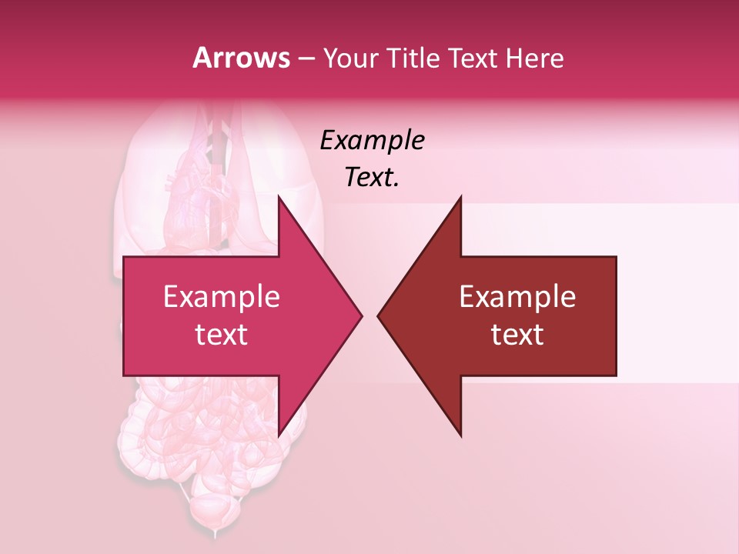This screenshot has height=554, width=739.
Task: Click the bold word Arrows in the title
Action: pos(241,58)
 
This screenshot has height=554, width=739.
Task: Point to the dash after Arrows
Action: pos(306,58)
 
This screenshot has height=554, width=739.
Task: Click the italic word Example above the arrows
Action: pos(372,140)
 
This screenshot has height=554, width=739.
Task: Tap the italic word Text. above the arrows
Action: pos(372,177)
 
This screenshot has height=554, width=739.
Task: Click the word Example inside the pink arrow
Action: pos(221,296)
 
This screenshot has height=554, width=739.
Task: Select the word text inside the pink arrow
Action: pos(221,334)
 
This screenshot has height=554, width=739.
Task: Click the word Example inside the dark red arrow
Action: pos(517,296)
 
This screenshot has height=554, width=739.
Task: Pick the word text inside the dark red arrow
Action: pos(517,334)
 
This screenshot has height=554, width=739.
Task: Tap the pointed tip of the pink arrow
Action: pos(361,315)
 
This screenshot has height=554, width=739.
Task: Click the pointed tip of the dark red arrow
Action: pos(378,315)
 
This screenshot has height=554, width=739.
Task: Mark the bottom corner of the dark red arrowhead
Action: pos(460,436)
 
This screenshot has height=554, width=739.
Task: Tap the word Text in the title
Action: pos(472,58)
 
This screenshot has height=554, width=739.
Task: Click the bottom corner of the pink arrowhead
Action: pos(279,436)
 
